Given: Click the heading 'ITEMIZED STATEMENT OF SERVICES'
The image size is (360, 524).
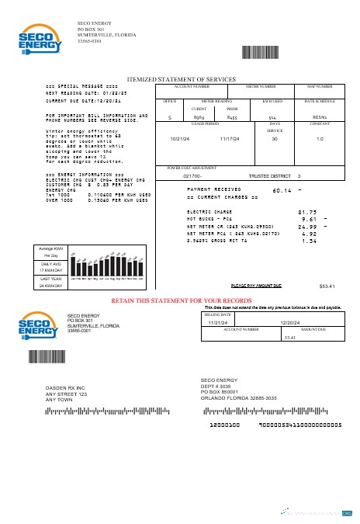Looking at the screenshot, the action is point(181,79).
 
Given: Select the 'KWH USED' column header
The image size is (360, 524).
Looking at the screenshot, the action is point(272,101).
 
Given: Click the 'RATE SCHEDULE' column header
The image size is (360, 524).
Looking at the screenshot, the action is point(320,101).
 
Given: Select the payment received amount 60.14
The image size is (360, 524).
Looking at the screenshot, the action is point(282,190).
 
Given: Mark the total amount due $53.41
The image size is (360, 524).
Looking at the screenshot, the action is point(327,286).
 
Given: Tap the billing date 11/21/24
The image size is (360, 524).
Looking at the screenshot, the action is point(216,322).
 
